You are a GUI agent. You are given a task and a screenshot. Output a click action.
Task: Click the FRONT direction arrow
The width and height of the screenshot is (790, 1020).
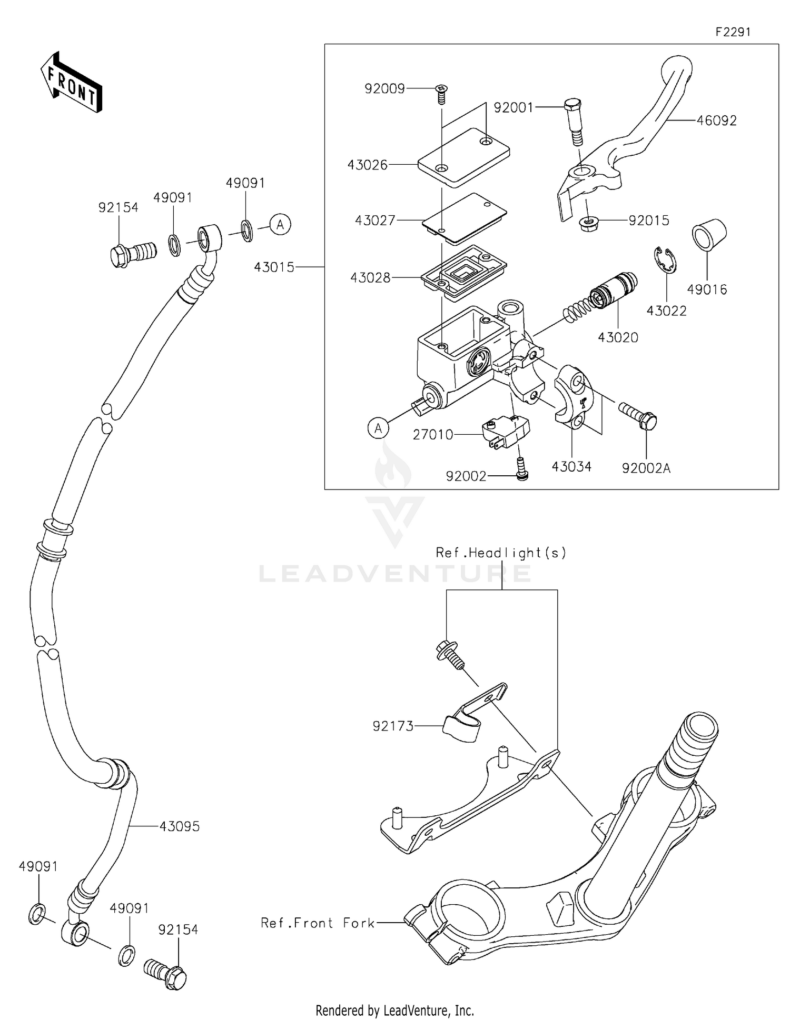(71, 83)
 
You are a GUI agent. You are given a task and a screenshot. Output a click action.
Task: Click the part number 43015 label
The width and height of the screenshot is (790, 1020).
(274, 267)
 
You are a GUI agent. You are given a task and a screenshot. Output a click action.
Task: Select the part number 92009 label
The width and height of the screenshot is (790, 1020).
(384, 89)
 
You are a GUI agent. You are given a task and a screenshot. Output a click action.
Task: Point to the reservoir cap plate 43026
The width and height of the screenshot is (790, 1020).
(463, 157)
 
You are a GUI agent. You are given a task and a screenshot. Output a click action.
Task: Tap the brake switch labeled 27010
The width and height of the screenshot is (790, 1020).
(506, 434)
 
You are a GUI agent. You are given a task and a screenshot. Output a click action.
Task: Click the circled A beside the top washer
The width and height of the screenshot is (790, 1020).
(280, 225)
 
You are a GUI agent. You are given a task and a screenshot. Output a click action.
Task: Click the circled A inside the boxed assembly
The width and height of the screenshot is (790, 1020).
(378, 429)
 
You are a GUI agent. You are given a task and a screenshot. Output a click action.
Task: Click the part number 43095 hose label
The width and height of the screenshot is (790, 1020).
(180, 826)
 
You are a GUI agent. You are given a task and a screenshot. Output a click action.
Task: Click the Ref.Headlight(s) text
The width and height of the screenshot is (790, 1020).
(501, 553)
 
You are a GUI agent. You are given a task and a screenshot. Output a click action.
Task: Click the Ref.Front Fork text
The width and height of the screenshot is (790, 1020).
(318, 923)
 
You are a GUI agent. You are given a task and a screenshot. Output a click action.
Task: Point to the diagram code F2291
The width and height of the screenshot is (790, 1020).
(733, 32)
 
